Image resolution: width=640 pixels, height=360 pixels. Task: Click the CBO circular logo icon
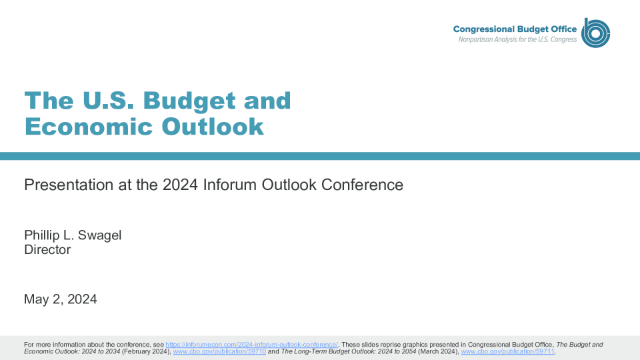tap(595, 33)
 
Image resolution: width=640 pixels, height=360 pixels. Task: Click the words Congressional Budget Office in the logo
tap(515, 29)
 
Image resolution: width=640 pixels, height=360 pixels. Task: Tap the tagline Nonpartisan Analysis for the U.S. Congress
tap(517, 39)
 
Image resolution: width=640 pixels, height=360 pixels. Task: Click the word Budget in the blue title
tap(189, 101)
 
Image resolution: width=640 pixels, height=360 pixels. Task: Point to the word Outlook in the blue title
tap(213, 127)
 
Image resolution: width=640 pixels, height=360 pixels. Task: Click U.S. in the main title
tap(108, 101)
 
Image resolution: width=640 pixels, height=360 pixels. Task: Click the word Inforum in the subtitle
tap(230, 185)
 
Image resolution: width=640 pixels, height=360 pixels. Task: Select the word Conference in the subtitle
tap(362, 185)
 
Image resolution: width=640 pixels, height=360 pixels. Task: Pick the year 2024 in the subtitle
tap(180, 185)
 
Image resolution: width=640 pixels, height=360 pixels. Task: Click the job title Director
tap(47, 249)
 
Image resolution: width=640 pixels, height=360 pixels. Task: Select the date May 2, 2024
tap(61, 299)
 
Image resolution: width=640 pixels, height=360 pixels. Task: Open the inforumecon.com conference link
tap(251, 345)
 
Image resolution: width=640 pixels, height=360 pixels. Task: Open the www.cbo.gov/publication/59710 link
tap(219, 351)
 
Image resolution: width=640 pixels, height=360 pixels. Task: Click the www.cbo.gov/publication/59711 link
tap(508, 351)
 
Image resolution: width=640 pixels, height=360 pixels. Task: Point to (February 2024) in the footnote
tap(147, 351)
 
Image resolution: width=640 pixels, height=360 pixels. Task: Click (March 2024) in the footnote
tap(439, 351)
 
